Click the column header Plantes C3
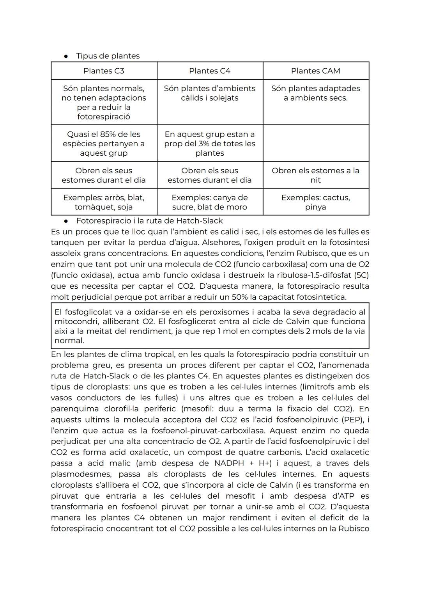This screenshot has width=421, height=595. [x=104, y=71]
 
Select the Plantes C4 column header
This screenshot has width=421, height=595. [x=210, y=71]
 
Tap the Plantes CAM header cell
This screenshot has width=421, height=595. [x=315, y=71]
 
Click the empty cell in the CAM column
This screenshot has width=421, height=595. [x=316, y=143]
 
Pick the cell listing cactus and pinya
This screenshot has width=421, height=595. [x=315, y=202]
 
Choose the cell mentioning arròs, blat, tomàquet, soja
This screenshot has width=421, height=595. [x=104, y=202]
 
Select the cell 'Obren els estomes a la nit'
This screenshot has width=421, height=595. [x=315, y=175]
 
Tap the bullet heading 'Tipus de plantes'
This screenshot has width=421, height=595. [x=108, y=56]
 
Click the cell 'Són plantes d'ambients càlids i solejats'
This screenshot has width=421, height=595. [x=210, y=93]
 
